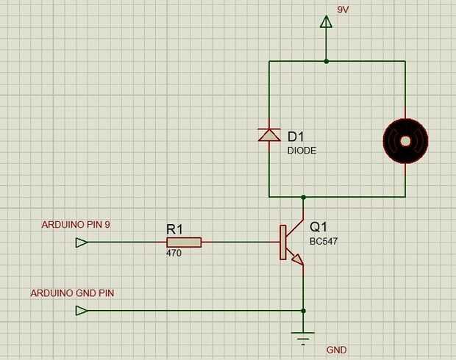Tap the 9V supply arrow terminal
point(326,21)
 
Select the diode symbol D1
point(269,134)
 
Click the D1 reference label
point(296,137)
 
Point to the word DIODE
point(302,150)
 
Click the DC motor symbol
point(405,140)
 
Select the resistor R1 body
point(184,242)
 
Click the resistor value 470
point(174,253)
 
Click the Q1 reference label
point(318,227)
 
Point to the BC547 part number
point(324,240)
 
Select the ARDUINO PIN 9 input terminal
point(82,242)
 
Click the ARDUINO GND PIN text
point(72,292)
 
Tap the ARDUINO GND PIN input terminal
point(82,311)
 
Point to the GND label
point(336,350)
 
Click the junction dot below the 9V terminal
point(326,61)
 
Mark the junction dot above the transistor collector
point(303,197)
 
